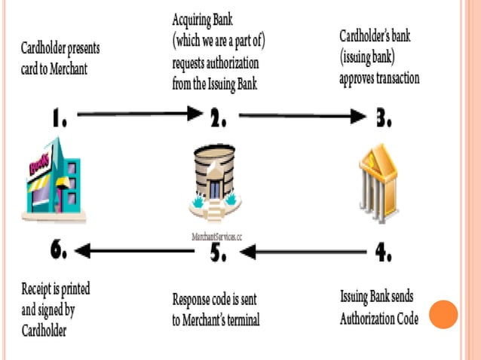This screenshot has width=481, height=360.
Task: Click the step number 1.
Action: tap(60, 117)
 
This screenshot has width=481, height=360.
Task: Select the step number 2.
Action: tap(217, 117)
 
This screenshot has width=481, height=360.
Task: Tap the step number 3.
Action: tap(381, 117)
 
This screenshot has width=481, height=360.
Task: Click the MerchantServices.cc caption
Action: tap(216, 236)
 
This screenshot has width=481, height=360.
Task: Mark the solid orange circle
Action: tap(443, 314)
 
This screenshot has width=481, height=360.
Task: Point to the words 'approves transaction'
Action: tap(379, 78)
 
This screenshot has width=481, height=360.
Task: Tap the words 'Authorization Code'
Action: tap(378, 318)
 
